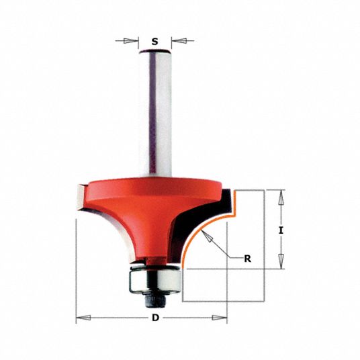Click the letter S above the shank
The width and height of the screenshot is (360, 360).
154,41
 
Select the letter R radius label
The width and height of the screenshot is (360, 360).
247,258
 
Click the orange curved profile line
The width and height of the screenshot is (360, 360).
201,228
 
